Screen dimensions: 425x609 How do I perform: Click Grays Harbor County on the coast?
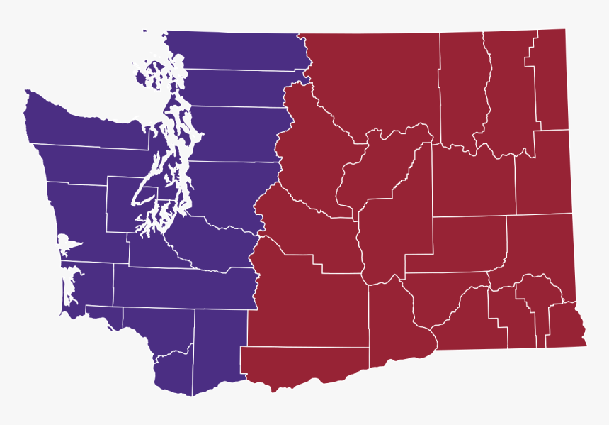pos(78,213)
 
